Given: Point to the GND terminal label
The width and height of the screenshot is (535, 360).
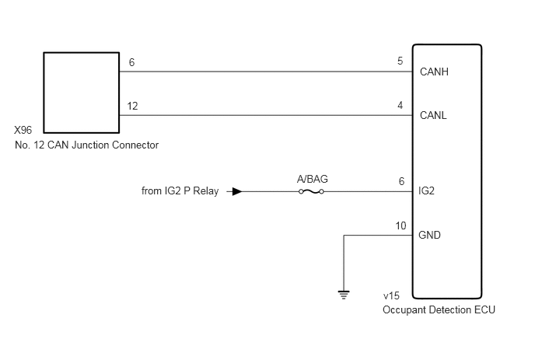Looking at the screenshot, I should point(430,235).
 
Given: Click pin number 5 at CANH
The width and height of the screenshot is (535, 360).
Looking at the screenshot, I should point(400,61).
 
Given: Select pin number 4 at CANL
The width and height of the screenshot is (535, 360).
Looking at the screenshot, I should point(400,105).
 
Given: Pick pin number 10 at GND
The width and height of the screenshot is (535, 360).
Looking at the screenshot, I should point(400,225).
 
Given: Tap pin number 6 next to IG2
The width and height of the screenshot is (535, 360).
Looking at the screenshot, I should point(401,181).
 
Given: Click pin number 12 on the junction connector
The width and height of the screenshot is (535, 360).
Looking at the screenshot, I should point(132,106).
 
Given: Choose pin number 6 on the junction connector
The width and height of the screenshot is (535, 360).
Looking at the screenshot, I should point(131,62).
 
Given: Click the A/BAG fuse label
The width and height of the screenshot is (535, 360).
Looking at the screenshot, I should point(313,179).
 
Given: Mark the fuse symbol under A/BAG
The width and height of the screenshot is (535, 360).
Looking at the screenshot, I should point(313,191).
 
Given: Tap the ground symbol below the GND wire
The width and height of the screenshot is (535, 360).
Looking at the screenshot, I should point(344,294).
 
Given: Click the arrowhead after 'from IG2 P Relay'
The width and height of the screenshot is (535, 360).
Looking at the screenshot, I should point(237,191).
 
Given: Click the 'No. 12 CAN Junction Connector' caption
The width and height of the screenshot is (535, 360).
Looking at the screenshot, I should point(86,145).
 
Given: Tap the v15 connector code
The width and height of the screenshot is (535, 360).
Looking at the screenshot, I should point(391,297).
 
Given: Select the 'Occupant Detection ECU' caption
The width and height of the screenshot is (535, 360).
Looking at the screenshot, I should point(439,309).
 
